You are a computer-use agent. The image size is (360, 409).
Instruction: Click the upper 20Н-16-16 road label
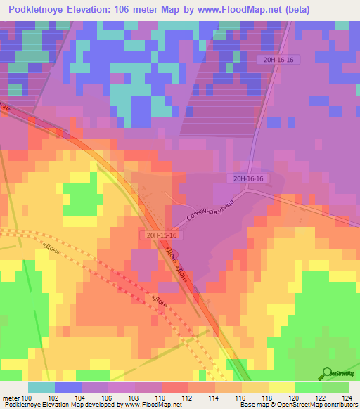tap(279, 60)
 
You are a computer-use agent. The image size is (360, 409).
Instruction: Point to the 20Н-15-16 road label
tap(161, 235)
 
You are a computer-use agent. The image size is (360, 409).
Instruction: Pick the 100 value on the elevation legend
tap(27, 398)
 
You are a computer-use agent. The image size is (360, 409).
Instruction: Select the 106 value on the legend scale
tap(108, 398)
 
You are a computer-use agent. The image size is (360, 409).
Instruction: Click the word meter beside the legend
tap(11, 398)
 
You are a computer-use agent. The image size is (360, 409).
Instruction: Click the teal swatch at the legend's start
tap(41, 387)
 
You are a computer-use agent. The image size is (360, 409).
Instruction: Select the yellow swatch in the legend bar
tap(282, 387)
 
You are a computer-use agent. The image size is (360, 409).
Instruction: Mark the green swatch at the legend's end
tap(335, 387)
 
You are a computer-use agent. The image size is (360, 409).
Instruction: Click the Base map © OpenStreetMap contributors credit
tap(296, 405)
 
